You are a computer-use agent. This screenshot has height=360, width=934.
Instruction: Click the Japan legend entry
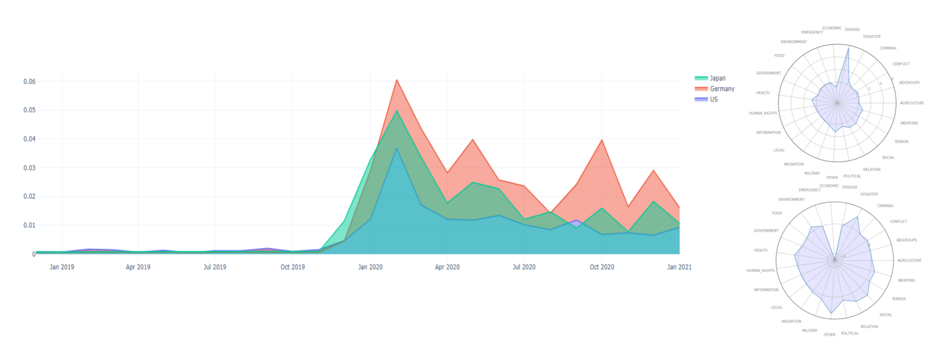tap(717, 78)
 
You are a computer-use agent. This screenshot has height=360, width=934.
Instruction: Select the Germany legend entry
tap(722, 89)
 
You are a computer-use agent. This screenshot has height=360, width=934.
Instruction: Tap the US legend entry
tap(714, 99)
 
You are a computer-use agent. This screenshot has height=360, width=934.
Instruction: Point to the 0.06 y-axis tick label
tap(29, 81)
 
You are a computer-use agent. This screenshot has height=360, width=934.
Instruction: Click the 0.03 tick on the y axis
tap(29, 168)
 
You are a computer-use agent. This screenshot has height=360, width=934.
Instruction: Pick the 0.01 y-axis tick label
tap(29, 225)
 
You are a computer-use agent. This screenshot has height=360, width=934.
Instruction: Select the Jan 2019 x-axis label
tap(62, 267)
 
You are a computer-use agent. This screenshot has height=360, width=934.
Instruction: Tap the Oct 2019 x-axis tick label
tap(292, 267)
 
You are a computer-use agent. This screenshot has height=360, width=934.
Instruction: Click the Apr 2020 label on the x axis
tap(447, 267)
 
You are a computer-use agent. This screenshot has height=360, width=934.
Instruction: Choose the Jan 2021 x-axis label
tap(679, 267)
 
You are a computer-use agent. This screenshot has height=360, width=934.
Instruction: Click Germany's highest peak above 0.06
tap(396, 80)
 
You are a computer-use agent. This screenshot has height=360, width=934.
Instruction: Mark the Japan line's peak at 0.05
tap(396, 110)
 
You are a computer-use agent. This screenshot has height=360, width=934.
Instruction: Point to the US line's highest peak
tap(396, 148)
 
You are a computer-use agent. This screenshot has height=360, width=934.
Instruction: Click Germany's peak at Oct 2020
tap(602, 140)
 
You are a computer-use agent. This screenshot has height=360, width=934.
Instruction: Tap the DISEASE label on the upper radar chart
tap(852, 30)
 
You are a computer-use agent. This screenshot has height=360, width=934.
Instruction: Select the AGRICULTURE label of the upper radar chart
tap(912, 103)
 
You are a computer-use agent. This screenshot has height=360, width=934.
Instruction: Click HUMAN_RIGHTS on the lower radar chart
tap(760, 270)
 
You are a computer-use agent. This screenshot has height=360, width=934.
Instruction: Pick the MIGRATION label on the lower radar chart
tap(791, 322)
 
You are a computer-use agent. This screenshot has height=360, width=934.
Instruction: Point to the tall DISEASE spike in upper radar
tap(848, 48)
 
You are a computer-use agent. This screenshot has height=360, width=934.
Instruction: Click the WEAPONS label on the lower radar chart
tap(906, 281)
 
